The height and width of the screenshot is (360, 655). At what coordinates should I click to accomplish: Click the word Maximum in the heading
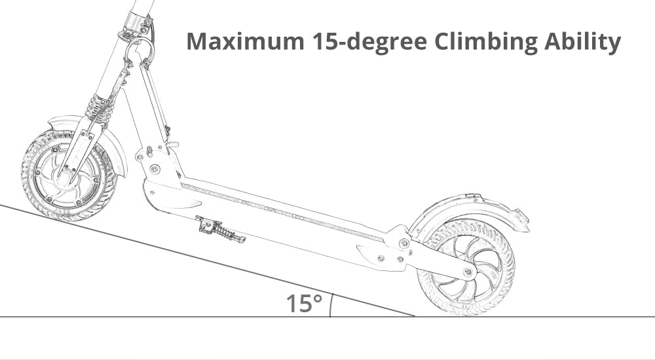pyautogui.click(x=245, y=41)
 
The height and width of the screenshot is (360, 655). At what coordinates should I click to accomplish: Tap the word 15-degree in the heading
pyautogui.click(x=369, y=42)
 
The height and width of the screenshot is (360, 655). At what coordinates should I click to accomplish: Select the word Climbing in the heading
pyautogui.click(x=485, y=42)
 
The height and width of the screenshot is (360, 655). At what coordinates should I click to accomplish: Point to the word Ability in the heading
pyautogui.click(x=582, y=42)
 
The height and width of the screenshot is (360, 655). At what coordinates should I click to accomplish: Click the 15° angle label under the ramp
pyautogui.click(x=304, y=304)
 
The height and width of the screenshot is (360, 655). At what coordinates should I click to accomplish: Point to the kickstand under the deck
pyautogui.click(x=219, y=230)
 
